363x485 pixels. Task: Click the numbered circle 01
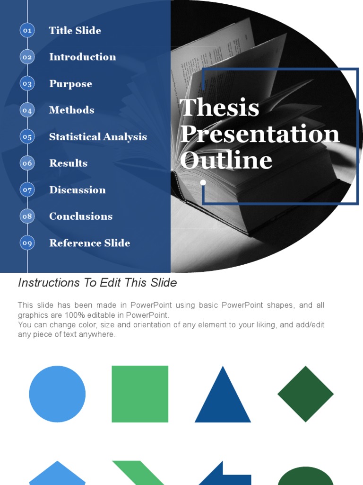(x=27, y=30)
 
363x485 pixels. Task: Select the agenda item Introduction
(x=82, y=57)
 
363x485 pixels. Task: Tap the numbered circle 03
(x=27, y=84)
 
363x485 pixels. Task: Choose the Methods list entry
(x=71, y=110)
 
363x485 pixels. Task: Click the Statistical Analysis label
(x=98, y=137)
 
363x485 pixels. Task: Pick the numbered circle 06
(x=27, y=163)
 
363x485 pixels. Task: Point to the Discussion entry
(x=77, y=190)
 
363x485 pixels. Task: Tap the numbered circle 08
(x=27, y=216)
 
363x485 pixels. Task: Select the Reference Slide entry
(x=89, y=243)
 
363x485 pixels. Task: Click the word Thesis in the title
(x=219, y=108)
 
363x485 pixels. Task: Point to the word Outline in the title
(x=226, y=160)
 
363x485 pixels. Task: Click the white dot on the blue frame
(x=203, y=182)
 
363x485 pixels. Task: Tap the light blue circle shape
(x=57, y=394)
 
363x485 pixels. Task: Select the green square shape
(x=140, y=394)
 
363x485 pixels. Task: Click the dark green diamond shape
(x=305, y=394)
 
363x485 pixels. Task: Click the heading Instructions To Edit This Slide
(x=97, y=283)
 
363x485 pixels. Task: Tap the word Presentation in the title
(x=259, y=134)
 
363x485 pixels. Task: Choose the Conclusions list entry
(x=81, y=216)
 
